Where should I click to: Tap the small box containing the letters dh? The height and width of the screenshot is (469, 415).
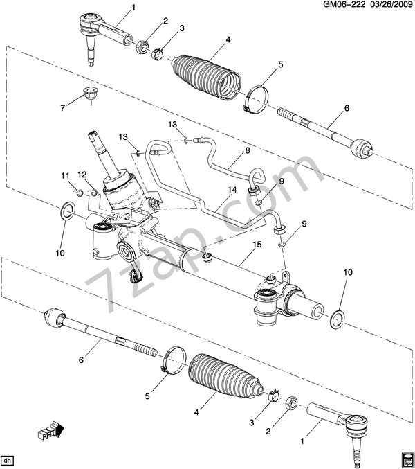pyautogui.click(x=8, y=460)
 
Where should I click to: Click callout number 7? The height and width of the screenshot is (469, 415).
pyautogui.click(x=63, y=107)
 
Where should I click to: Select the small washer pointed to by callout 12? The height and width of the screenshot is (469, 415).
pyautogui.click(x=93, y=192)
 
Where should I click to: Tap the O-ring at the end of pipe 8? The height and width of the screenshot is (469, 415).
pyautogui.click(x=259, y=201)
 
